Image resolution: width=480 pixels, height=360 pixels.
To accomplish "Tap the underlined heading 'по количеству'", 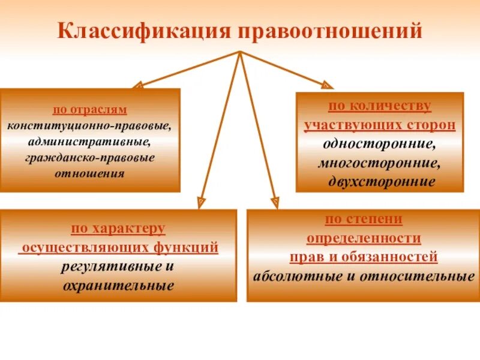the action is [x=379, y=106].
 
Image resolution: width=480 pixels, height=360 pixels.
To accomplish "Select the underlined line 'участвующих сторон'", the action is [x=379, y=125].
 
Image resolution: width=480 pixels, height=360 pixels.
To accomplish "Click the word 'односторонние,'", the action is [x=379, y=144].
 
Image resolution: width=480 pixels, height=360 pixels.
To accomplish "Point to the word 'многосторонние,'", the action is [x=379, y=163].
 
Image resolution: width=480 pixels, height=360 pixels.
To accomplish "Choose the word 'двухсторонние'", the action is [x=379, y=181].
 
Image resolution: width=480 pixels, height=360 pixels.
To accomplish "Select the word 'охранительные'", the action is [x=118, y=286].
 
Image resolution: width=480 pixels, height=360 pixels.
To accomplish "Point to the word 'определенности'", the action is [x=364, y=238].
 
